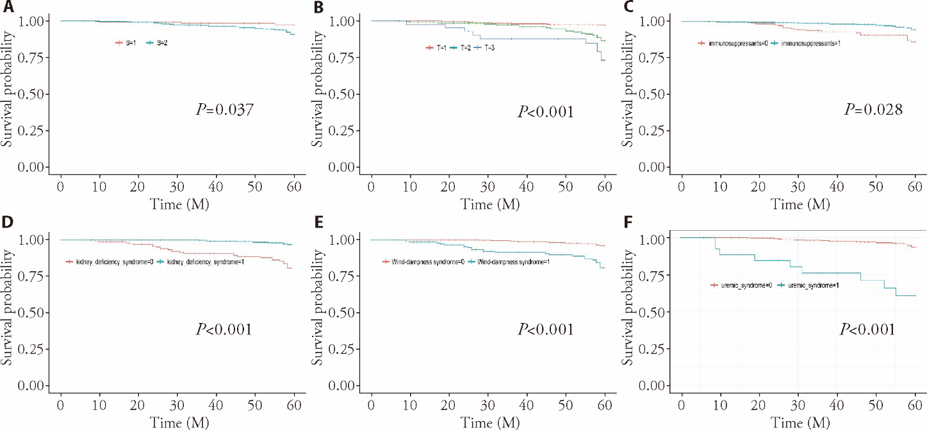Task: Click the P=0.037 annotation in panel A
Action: tap(224, 110)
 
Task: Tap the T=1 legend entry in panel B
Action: tap(438, 48)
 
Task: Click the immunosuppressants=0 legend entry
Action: tap(734, 43)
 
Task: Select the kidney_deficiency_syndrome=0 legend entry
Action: tap(107, 262)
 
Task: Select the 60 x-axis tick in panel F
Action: tap(915, 406)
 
